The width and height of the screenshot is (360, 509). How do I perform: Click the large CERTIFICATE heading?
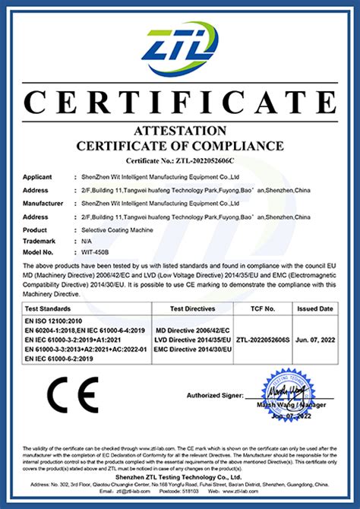180,102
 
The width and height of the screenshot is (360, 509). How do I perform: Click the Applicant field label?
37,176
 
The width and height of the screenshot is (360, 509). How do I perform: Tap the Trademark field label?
40,241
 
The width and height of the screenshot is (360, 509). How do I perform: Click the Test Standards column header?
50,309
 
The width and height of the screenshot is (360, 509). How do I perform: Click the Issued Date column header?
314,309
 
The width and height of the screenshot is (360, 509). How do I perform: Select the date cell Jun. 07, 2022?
314,342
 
